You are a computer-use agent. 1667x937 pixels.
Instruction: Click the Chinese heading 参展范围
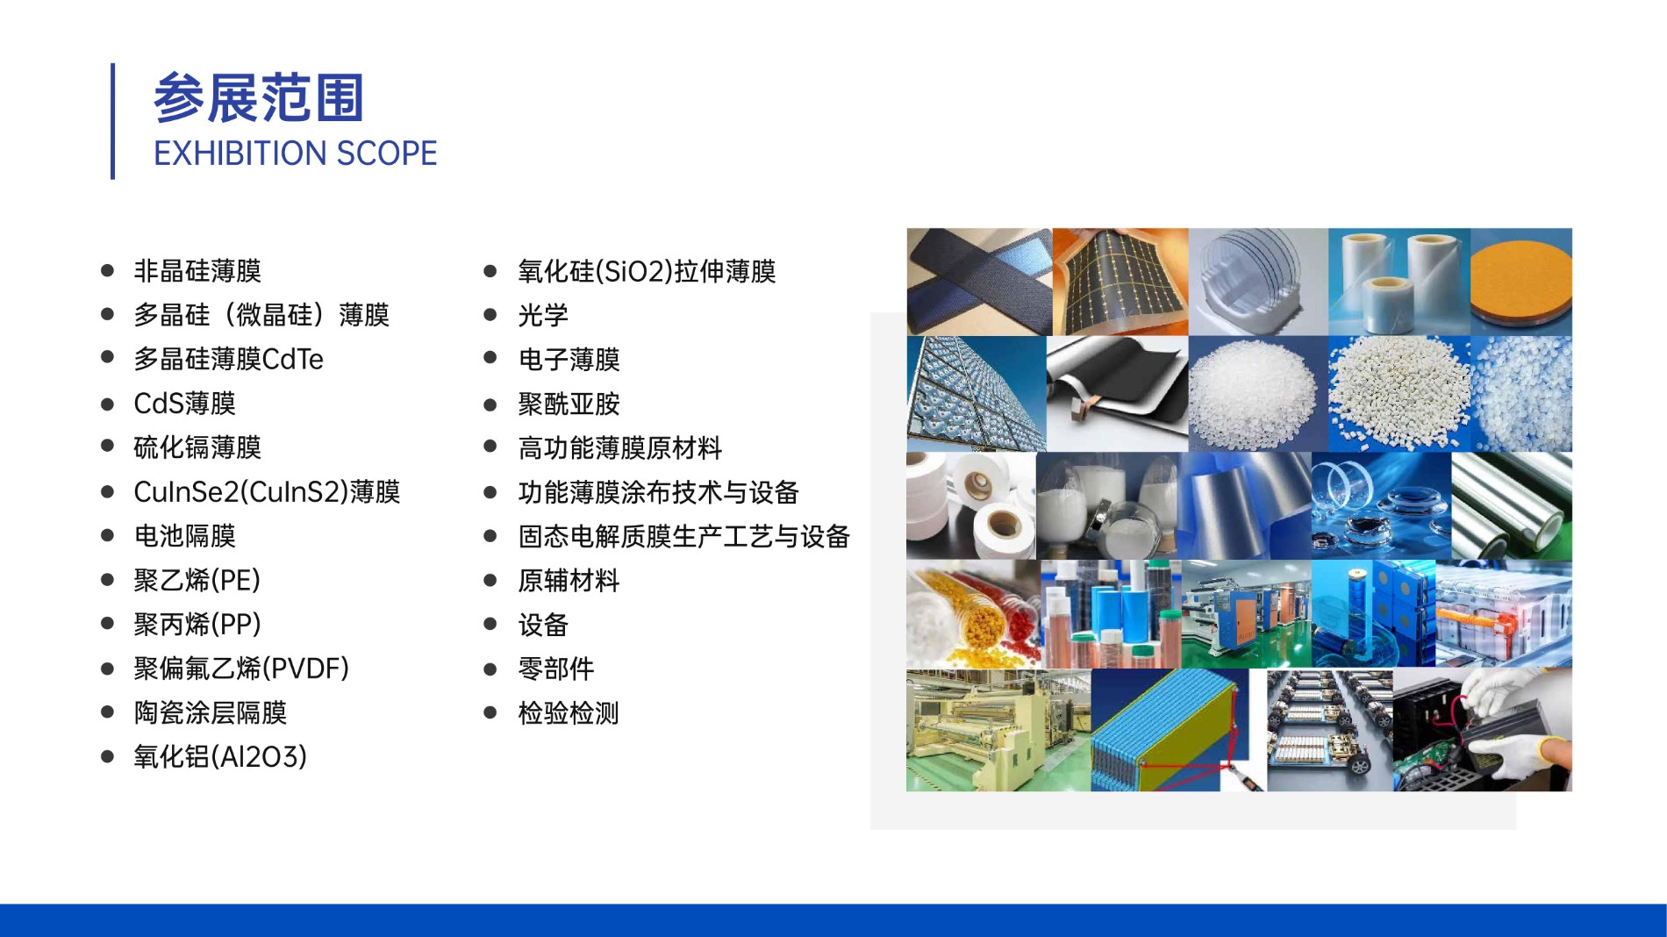pyautogui.click(x=259, y=97)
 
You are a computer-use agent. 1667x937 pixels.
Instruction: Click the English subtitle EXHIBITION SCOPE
pyautogui.click(x=295, y=154)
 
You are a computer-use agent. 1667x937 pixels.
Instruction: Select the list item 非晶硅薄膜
pyautogui.click(x=197, y=271)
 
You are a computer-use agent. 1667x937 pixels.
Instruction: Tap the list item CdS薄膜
pyautogui.click(x=184, y=404)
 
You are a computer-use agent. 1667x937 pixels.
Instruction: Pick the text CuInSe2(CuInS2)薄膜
pyautogui.click(x=267, y=492)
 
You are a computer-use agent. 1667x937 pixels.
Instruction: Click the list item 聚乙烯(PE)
pyautogui.click(x=197, y=580)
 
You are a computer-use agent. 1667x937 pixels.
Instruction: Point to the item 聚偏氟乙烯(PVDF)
pyautogui.click(x=241, y=669)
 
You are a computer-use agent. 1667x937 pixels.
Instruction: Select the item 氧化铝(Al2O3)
pyautogui.click(x=220, y=757)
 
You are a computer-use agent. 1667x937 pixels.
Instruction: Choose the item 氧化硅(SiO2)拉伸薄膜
pyautogui.click(x=647, y=272)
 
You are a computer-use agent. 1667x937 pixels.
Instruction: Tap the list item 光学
pyautogui.click(x=543, y=316)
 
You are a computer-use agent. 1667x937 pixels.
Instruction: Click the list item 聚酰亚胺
pyautogui.click(x=569, y=404)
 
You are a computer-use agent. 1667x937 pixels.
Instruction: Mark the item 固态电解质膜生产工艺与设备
pyautogui.click(x=684, y=536)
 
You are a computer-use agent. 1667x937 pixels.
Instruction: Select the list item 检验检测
pyautogui.click(x=569, y=713)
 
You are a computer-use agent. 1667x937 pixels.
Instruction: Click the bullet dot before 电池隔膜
pyautogui.click(x=108, y=535)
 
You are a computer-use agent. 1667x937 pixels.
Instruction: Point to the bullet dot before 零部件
pyautogui.click(x=490, y=669)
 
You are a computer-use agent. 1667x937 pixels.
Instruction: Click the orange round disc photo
pyautogui.click(x=1521, y=282)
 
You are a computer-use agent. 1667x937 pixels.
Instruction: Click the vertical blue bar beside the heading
pyautogui.click(x=112, y=121)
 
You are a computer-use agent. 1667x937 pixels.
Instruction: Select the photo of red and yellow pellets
pyautogui.click(x=974, y=614)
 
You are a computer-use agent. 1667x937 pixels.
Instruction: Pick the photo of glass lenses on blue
pyautogui.click(x=1381, y=505)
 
